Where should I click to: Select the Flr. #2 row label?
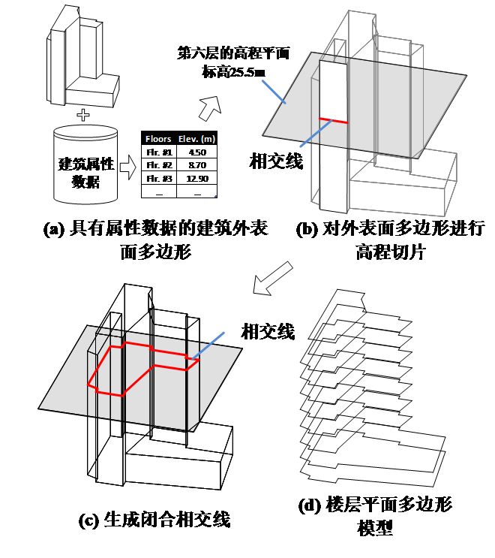coord(158,164)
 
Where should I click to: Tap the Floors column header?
coord(158,139)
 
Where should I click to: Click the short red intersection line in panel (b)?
coord(333,120)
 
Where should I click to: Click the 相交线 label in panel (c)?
coord(267,330)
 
